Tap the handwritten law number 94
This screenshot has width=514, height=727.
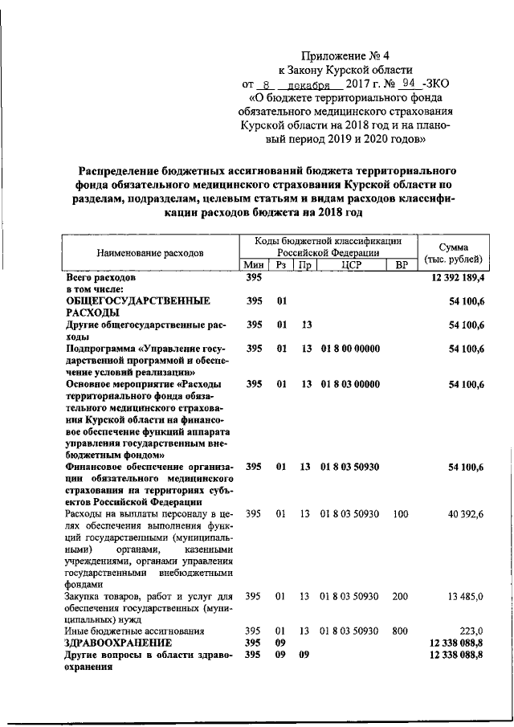pyautogui.click(x=408, y=84)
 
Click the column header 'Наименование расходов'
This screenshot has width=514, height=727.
pyautogui.click(x=150, y=252)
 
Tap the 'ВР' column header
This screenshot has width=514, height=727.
pyautogui.click(x=402, y=265)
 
